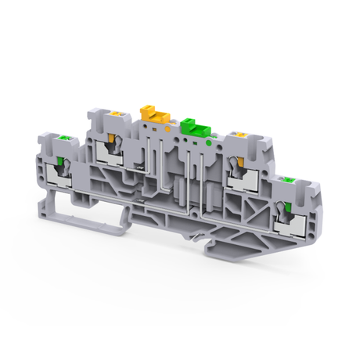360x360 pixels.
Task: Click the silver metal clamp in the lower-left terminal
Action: pos(58,174)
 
